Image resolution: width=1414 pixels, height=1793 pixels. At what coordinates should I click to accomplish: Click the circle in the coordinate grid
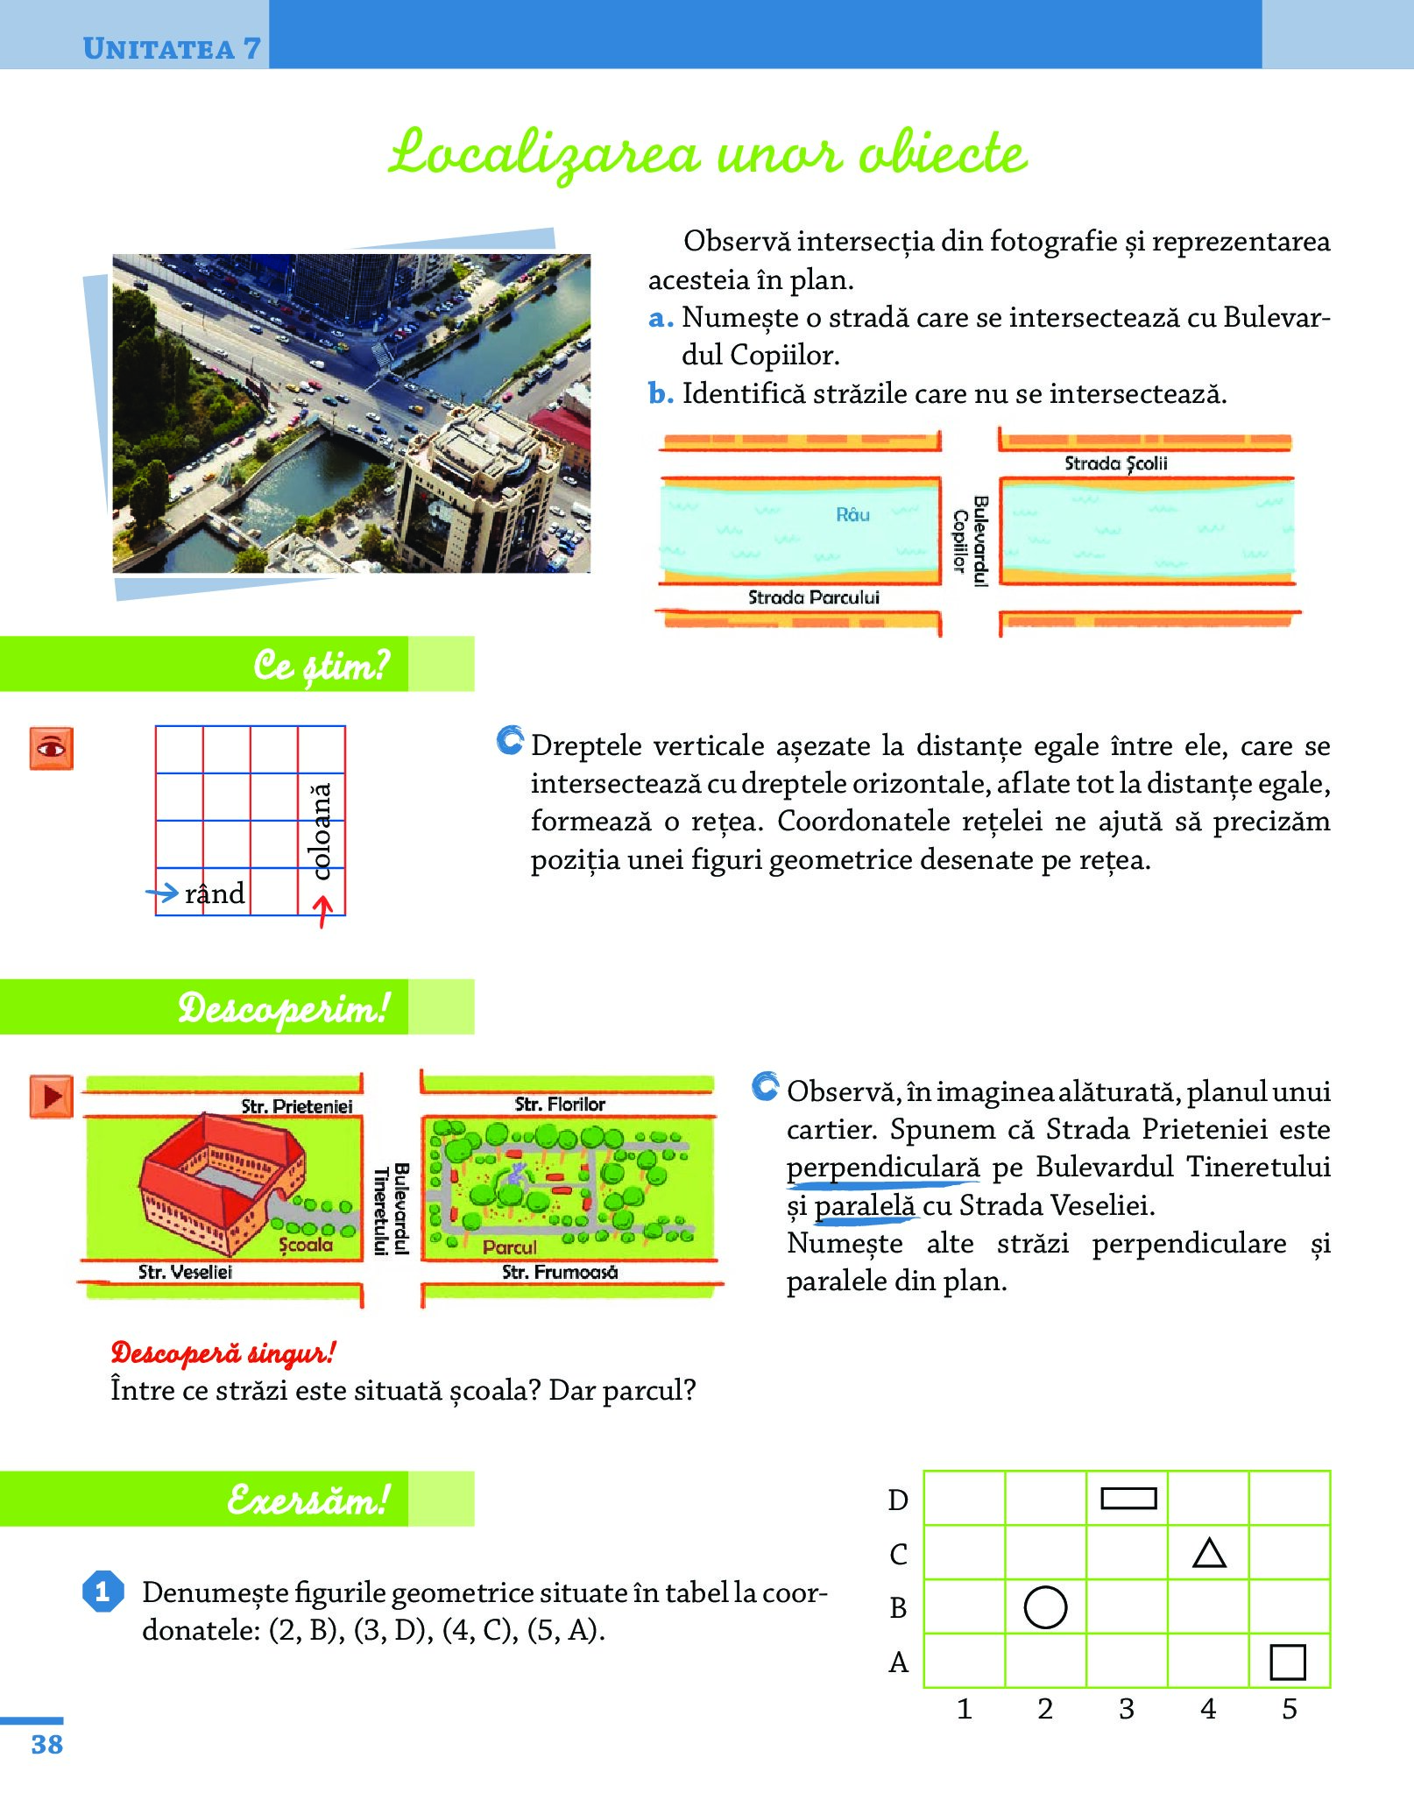[x=1045, y=1607]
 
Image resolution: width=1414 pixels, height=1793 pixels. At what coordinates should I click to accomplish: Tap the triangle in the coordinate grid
[x=1209, y=1554]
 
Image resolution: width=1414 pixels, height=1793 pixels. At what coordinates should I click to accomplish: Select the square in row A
[x=1287, y=1662]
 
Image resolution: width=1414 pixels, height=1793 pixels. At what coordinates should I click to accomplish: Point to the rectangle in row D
[x=1128, y=1499]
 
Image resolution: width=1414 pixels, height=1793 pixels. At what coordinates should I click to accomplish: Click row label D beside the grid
[x=898, y=1500]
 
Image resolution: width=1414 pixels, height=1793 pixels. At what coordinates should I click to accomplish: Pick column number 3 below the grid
[x=1127, y=1709]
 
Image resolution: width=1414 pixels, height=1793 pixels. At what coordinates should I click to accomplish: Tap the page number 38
[x=47, y=1744]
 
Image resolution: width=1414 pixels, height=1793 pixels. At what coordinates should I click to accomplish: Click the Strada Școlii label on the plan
[x=1115, y=463]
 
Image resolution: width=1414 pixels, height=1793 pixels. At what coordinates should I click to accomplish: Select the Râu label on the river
[x=852, y=514]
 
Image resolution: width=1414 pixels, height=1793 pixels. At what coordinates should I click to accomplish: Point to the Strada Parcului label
[x=813, y=597]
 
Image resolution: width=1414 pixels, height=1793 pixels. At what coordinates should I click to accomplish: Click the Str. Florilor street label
[x=560, y=1105]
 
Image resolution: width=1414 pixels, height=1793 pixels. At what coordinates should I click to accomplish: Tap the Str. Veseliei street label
[x=185, y=1272]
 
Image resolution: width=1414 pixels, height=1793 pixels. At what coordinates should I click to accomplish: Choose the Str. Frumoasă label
[x=560, y=1272]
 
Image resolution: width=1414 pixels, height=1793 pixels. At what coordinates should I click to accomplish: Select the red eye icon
[x=51, y=749]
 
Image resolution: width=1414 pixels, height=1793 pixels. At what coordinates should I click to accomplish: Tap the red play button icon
[x=51, y=1096]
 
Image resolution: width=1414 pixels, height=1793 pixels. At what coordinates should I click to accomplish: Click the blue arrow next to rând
[x=162, y=893]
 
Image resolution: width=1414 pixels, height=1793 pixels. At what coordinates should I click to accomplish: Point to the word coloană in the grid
[x=322, y=831]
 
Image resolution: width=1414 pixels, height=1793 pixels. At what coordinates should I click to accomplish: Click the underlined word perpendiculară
[x=883, y=1168]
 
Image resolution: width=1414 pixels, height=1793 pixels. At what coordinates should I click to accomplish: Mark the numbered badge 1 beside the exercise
[x=103, y=1591]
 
